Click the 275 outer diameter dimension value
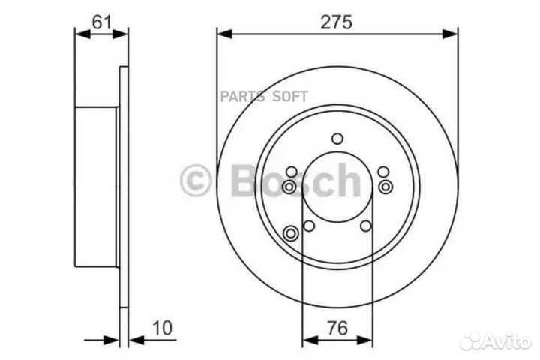337,22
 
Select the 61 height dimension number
102,22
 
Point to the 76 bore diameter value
337,328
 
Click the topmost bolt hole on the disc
337,138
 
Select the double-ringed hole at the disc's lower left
291,234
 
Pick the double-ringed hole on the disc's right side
385,186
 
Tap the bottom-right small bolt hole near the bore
365,226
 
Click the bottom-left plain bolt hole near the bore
308,226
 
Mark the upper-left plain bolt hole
291,172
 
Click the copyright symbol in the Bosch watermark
196,181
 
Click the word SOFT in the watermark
289,96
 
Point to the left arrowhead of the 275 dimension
223,33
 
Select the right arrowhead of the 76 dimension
367,339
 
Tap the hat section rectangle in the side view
96,186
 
